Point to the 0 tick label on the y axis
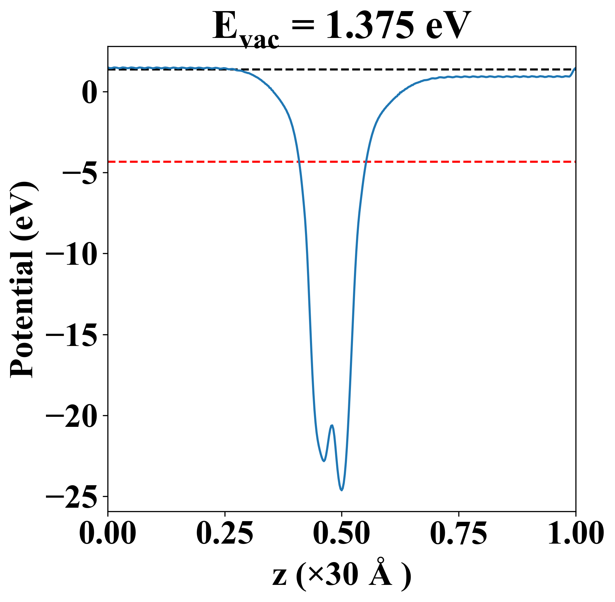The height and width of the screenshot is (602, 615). (x=89, y=92)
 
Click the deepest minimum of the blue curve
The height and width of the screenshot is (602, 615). (x=342, y=490)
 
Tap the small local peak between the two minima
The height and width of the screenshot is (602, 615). (x=332, y=425)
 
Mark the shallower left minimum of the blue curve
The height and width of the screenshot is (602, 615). (x=324, y=461)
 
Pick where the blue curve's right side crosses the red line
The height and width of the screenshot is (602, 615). (x=367, y=162)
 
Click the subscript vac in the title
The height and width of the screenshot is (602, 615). (x=260, y=40)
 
